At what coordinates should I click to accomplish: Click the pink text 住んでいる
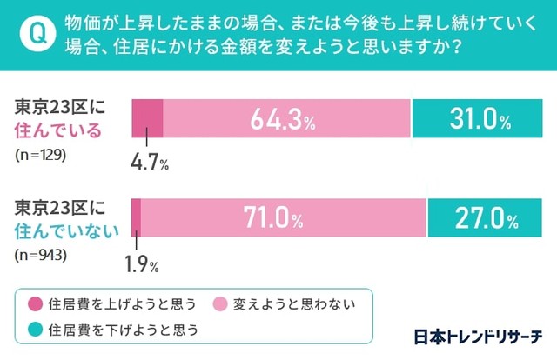(59, 130)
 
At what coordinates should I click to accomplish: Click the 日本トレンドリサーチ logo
(476, 335)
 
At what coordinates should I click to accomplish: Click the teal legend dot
(35, 330)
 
